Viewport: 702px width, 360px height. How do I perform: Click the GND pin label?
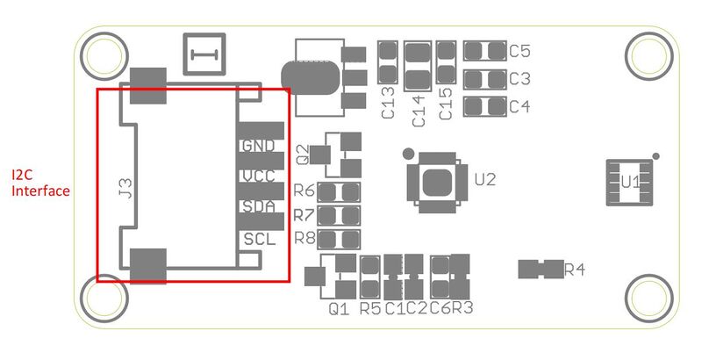tap(258, 146)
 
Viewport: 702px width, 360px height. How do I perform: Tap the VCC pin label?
tap(259, 176)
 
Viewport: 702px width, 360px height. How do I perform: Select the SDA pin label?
tap(259, 206)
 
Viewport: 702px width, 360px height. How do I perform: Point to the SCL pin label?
tap(260, 239)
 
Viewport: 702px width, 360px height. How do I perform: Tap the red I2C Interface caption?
tap(40, 183)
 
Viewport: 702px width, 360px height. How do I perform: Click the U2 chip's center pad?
tap(437, 183)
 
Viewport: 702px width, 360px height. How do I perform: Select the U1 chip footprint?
tap(629, 183)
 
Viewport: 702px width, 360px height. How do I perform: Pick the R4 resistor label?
tap(575, 270)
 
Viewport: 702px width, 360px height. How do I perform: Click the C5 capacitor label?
tap(519, 51)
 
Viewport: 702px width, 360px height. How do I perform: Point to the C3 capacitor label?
tap(519, 79)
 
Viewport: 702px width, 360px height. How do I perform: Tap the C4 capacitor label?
tap(519, 106)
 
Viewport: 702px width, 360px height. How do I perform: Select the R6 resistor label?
tap(304, 191)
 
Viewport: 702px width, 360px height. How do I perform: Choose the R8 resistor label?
tap(304, 238)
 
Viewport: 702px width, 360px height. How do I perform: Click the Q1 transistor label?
tap(339, 309)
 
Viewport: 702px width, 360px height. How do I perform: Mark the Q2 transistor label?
tap(303, 155)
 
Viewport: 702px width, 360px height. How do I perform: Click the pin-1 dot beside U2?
tap(408, 154)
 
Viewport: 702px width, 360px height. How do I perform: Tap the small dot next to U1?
tap(655, 155)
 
